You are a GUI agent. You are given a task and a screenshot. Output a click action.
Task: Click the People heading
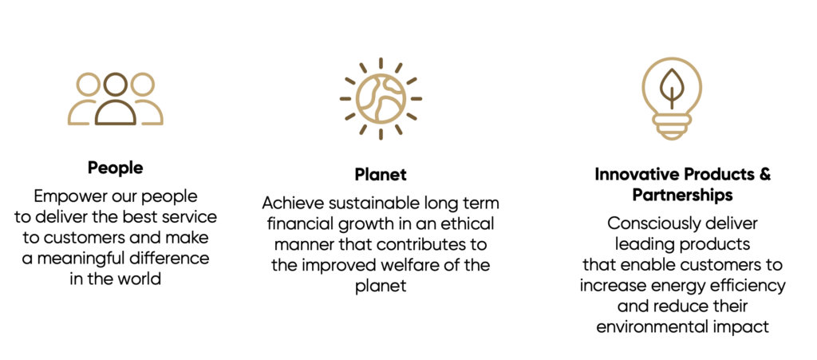click(x=115, y=168)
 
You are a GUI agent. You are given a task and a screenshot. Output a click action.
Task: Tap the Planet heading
click(x=381, y=175)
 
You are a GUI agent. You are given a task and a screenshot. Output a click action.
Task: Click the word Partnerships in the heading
click(x=683, y=196)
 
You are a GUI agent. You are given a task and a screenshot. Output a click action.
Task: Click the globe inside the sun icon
click(x=381, y=99)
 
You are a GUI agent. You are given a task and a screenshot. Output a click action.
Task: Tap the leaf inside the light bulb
click(x=672, y=89)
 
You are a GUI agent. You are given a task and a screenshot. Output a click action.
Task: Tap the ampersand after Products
click(x=764, y=175)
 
